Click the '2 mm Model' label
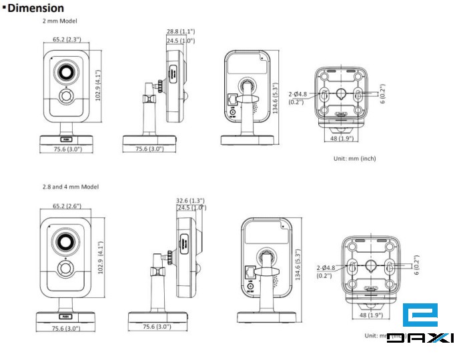click(x=59, y=21)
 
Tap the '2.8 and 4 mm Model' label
click(x=70, y=187)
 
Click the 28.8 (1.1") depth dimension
click(x=181, y=32)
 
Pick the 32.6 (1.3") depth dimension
click(x=190, y=199)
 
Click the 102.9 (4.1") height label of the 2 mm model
click(x=98, y=83)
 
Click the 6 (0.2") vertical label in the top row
click(x=382, y=94)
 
